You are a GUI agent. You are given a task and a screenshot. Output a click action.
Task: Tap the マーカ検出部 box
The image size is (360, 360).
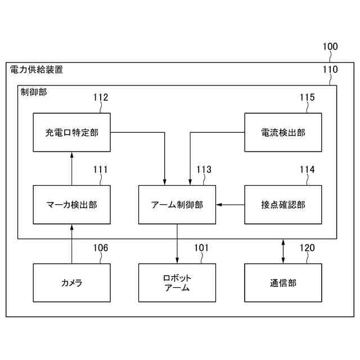point(71,205)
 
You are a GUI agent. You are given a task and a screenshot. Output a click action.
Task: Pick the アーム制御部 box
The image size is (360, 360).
point(177,205)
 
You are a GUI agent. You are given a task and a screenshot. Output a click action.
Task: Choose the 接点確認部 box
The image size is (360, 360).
point(283,205)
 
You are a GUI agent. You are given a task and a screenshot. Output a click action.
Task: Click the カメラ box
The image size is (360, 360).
point(71,283)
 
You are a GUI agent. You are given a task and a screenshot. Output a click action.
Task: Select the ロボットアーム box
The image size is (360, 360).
point(177,283)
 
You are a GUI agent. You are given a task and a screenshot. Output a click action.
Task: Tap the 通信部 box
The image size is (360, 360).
point(283,283)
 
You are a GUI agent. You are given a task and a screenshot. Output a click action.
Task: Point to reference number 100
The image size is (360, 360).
point(330,47)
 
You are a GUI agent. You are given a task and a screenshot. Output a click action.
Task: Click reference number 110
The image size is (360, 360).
point(330,70)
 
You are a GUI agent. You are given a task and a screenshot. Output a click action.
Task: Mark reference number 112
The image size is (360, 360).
point(101,97)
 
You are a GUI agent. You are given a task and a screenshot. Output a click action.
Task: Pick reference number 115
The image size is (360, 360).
point(307,97)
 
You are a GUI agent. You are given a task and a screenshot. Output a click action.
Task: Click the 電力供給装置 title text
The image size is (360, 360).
point(37,70)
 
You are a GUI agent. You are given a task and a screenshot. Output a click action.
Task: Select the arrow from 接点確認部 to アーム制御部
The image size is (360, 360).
point(231,205)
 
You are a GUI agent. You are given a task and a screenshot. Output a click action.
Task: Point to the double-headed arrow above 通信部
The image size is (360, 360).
point(283,251)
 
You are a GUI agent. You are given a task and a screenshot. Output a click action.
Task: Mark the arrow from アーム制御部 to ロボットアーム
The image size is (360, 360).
point(177,244)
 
